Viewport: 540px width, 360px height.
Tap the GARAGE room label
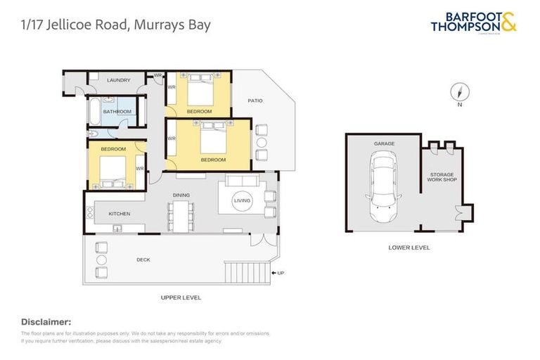pyautogui.click(x=384, y=143)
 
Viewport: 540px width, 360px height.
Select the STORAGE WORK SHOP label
pyautogui.click(x=442, y=177)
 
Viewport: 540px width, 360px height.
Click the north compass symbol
pyautogui.click(x=459, y=93)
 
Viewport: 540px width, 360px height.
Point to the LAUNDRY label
pyautogui.click(x=118, y=80)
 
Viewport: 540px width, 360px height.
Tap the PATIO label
pyautogui.click(x=255, y=101)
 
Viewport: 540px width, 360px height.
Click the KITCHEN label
pyautogui.click(x=120, y=213)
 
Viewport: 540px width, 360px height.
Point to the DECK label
pyautogui.click(x=143, y=259)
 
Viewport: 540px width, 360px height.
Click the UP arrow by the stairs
pyautogui.click(x=278, y=273)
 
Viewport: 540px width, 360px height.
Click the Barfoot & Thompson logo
pyautogui.click(x=473, y=22)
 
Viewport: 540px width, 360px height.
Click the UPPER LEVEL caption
pyautogui.click(x=181, y=297)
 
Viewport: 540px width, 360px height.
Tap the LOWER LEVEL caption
pyautogui.click(x=409, y=247)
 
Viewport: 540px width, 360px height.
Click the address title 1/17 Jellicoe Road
pyautogui.click(x=115, y=25)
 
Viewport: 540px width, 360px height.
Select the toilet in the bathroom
pyautogui.click(x=92, y=134)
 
